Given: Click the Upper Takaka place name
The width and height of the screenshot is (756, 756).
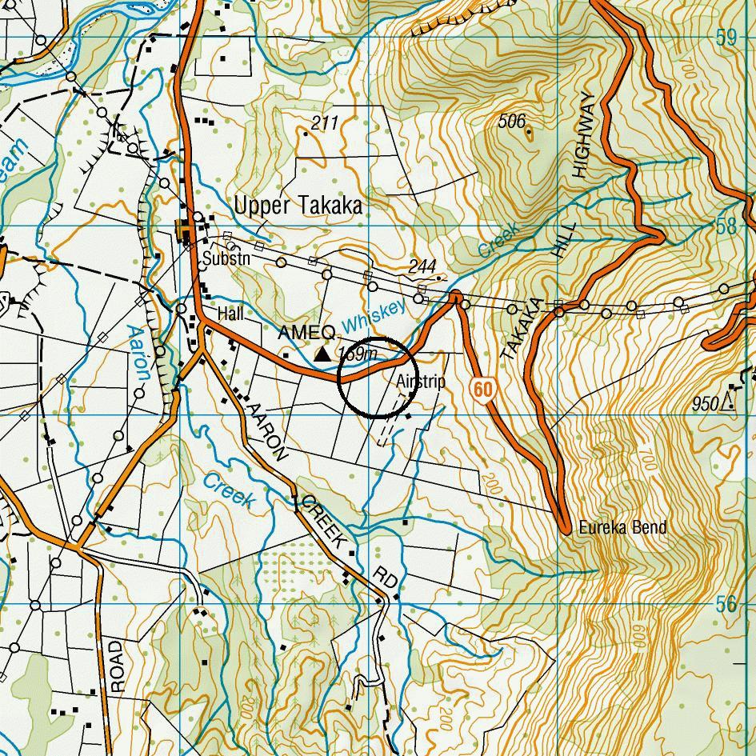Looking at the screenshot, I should point(298,206).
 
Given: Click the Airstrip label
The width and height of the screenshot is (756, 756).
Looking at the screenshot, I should point(420,382).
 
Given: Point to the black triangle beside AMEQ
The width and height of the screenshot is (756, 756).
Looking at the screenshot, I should point(322,354).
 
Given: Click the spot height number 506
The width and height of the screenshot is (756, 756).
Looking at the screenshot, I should point(511,121).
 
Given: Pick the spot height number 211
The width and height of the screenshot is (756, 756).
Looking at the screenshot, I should point(325,123).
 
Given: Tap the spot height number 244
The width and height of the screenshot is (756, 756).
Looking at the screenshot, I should point(422,266).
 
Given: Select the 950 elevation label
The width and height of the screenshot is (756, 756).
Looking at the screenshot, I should point(706,404).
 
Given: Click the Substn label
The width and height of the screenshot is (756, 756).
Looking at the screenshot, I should point(226,259).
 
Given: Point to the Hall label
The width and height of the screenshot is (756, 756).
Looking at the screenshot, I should point(230,314).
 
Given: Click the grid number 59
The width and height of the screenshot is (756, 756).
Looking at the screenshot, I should point(726,38).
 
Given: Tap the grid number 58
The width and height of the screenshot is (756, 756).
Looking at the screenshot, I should point(726,226).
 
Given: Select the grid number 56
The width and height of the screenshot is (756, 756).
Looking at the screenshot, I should point(726,604).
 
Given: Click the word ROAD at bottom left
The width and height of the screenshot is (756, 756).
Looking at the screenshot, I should point(117,665).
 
